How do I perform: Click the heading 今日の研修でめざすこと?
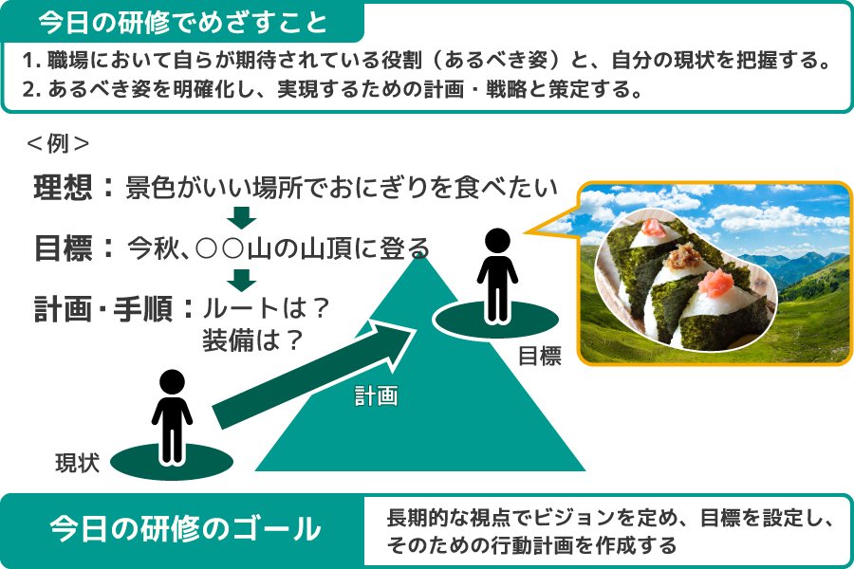click(x=183, y=23)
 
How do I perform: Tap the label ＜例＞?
click(x=58, y=144)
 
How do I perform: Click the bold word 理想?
click(x=63, y=188)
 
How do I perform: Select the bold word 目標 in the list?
click(x=63, y=248)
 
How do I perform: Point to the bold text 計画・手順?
click(x=103, y=309)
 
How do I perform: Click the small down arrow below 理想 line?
click(x=241, y=218)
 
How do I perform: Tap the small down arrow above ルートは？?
click(x=241, y=281)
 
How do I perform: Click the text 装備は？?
click(x=252, y=340)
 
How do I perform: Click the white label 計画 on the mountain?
click(x=376, y=395)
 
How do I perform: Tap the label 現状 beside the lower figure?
click(x=78, y=464)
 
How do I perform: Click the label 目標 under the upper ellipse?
click(x=540, y=357)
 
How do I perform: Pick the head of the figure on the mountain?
click(x=497, y=240)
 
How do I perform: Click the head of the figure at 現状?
click(x=172, y=381)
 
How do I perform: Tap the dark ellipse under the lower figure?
click(x=172, y=462)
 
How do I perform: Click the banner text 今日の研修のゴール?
click(x=185, y=529)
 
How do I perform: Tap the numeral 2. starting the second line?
click(x=32, y=89)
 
